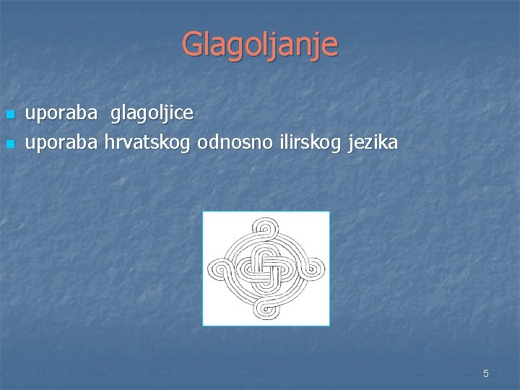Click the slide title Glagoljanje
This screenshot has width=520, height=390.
tap(259, 44)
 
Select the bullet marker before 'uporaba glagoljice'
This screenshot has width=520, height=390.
tap(9, 115)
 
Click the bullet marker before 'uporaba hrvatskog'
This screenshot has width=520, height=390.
tap(9, 144)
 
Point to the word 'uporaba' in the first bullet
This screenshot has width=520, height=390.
tap(61, 114)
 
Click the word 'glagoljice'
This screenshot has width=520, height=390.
tap(152, 113)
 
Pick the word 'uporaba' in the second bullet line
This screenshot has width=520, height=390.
tap(61, 143)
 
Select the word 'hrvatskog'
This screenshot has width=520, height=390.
tap(147, 143)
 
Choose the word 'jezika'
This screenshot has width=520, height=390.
tap(372, 143)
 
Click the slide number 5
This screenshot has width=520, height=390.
tap(486, 373)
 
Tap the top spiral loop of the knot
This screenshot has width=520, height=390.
tap(266, 230)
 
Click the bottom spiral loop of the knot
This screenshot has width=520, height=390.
tap(266, 309)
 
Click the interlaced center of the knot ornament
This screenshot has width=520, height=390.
tap(266, 269)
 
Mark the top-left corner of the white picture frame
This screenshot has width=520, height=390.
tap(204, 212)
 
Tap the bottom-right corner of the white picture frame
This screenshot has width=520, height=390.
tap(329, 324)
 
